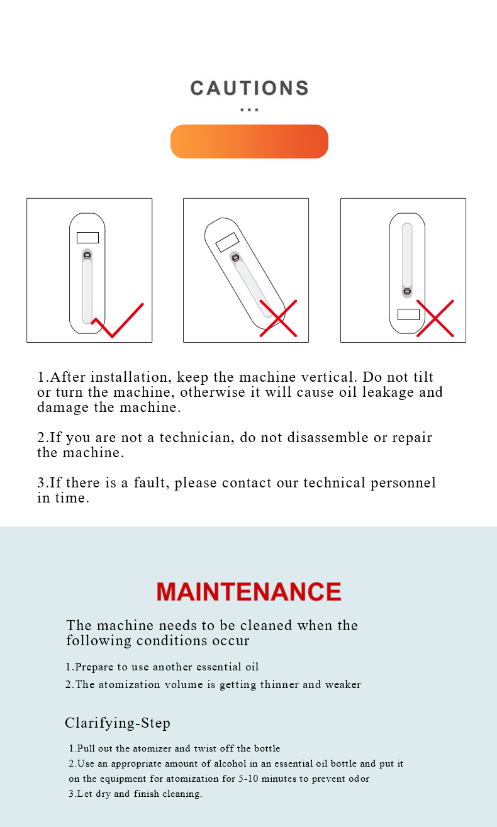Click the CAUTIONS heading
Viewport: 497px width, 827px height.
(x=249, y=88)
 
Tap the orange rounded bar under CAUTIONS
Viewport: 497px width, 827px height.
(x=249, y=142)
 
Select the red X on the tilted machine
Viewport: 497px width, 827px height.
(x=278, y=318)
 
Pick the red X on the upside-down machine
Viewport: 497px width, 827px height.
(x=435, y=318)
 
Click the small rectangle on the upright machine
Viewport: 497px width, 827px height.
(x=87, y=237)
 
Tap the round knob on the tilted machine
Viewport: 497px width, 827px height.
(x=235, y=258)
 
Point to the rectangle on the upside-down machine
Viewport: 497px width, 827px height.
(x=408, y=314)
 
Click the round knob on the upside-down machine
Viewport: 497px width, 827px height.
(x=407, y=291)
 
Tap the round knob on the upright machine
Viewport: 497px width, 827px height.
(x=87, y=255)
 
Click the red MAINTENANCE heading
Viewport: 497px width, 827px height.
(x=249, y=592)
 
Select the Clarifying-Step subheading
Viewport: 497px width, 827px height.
(x=118, y=723)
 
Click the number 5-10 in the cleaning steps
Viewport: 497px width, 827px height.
(x=248, y=779)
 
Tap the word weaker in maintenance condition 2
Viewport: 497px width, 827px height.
(x=343, y=684)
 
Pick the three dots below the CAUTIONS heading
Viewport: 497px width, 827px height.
(x=249, y=109)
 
